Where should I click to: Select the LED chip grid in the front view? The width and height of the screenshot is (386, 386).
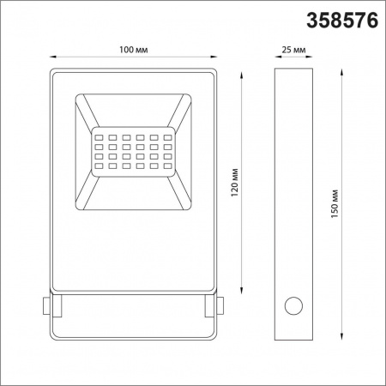[x=133, y=151]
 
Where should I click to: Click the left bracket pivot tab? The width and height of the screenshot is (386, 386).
[x=47, y=305]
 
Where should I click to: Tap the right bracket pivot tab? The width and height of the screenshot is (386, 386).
[x=219, y=305]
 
